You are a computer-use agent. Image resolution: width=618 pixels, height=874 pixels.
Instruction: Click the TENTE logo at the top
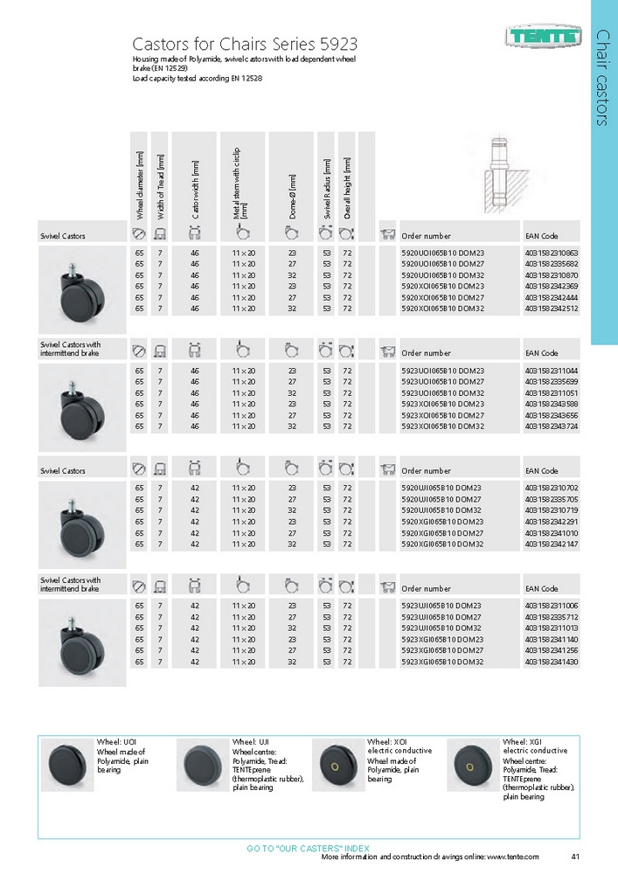click(543, 37)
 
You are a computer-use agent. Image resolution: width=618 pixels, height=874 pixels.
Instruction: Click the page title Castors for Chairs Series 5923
click(244, 44)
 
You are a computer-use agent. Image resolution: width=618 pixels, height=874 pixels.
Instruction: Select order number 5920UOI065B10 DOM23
click(441, 253)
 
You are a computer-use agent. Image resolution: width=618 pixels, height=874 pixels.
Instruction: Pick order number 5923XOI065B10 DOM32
click(441, 427)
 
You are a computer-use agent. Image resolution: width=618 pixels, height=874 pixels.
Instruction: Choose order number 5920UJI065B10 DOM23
click(441, 487)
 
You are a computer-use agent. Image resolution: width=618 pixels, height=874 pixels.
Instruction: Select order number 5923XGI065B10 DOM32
click(441, 662)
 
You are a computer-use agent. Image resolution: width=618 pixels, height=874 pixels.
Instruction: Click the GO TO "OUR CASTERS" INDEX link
click(308, 848)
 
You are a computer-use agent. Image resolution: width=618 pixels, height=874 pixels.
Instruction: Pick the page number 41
click(574, 857)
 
